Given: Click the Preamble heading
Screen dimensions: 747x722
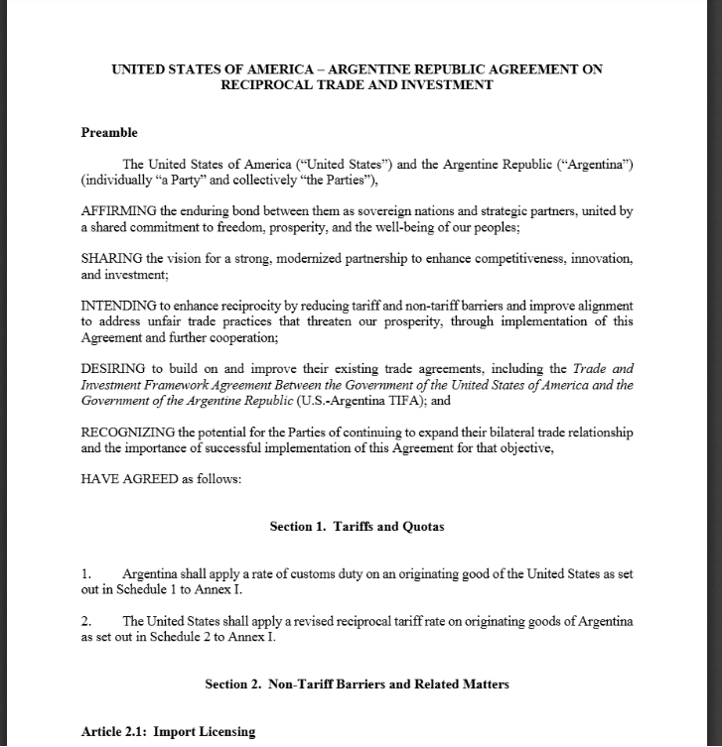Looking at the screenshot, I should coord(109,133).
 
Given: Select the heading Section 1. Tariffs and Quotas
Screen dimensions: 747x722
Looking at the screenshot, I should coord(357,527).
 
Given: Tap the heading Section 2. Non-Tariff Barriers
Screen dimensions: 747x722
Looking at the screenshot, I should coord(357,685).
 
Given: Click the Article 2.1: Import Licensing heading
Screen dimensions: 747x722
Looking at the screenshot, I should coord(168,731).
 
